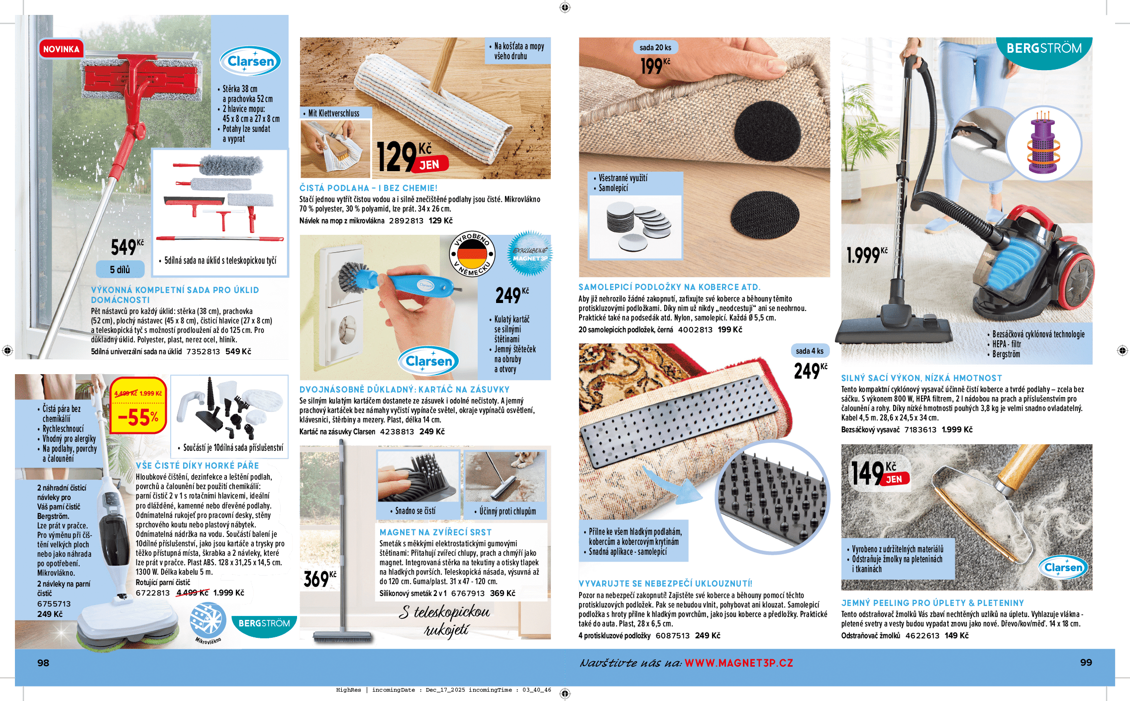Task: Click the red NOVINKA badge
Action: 61,49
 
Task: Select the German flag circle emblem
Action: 472,254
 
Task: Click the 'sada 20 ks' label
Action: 655,47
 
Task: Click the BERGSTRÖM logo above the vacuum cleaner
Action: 1044,49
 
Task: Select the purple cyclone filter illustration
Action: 1043,144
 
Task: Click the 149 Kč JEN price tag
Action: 880,473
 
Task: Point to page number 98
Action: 43,663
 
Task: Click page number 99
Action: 1086,662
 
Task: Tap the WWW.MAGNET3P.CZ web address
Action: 738,663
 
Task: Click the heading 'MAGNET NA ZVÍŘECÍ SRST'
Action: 435,532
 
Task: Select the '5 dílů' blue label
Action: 120,269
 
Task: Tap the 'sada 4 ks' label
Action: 810,351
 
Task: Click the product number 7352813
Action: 203,351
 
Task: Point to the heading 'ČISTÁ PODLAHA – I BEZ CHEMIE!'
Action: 368,188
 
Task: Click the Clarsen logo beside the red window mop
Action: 251,61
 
